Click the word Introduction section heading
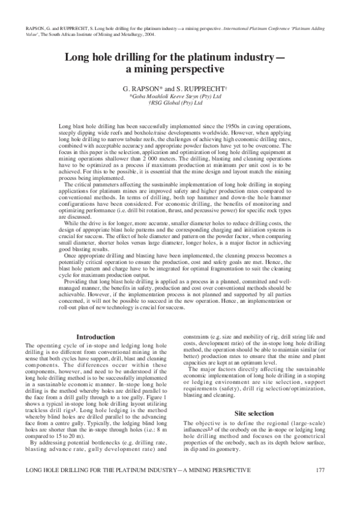[95, 337]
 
